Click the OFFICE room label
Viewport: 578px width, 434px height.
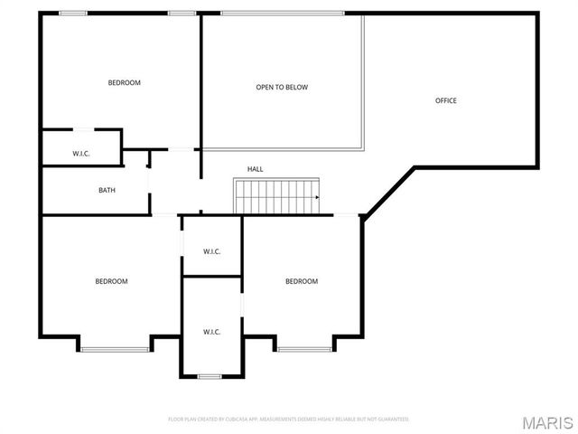[x=446, y=100]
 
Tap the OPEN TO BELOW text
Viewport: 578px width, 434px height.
[x=282, y=88]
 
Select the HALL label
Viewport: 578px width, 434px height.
[x=256, y=169]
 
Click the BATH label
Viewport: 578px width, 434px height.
[x=107, y=190]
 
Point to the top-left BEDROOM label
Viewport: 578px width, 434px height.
[x=125, y=83]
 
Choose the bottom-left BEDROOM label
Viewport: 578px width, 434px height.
[x=112, y=281]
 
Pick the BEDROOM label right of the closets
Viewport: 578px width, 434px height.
[x=302, y=281]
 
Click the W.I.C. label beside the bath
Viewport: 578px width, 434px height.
[x=81, y=154]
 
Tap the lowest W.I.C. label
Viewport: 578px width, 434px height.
[x=212, y=332]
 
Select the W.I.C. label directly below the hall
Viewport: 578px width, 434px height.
[x=212, y=251]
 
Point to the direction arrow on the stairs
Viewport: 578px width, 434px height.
[x=317, y=196]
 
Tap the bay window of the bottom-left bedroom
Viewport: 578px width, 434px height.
[x=115, y=349]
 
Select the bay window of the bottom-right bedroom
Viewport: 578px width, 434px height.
[x=304, y=349]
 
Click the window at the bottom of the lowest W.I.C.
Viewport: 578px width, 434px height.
[x=210, y=376]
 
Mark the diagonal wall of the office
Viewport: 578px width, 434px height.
[x=388, y=191]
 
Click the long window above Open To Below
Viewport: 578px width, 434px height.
[x=283, y=13]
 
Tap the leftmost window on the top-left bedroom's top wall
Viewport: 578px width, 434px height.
[x=73, y=13]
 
